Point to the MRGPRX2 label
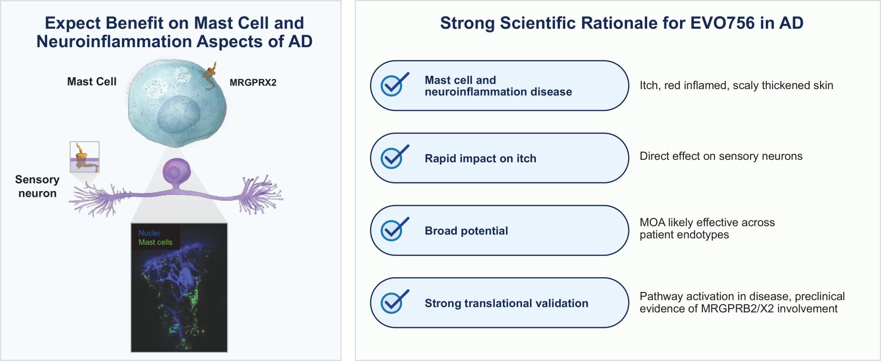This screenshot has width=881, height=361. (x=253, y=82)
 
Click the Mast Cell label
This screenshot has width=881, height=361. (x=91, y=81)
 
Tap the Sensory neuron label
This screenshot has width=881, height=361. (x=37, y=186)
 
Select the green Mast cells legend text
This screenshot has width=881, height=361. (x=155, y=242)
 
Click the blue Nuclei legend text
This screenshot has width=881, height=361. (x=149, y=233)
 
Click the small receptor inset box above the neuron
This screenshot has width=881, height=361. (x=85, y=157)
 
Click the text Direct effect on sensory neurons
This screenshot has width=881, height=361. (x=721, y=156)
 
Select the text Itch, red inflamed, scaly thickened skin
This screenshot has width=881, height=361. (x=736, y=85)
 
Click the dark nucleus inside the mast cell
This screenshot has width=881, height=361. (x=179, y=114)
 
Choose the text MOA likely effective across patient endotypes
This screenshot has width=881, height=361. (x=707, y=228)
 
